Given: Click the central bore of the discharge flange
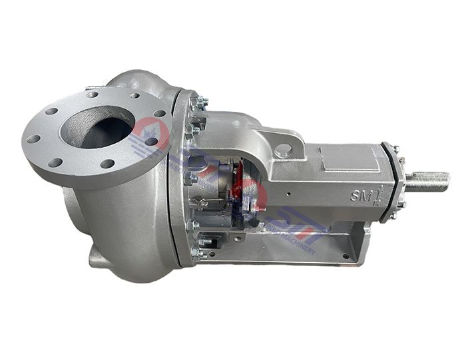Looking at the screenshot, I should pyautogui.click(x=97, y=126).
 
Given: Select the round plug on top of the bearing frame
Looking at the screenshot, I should pyautogui.click(x=282, y=151).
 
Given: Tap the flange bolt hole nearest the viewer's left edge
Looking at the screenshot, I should pyautogui.click(x=33, y=138).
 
